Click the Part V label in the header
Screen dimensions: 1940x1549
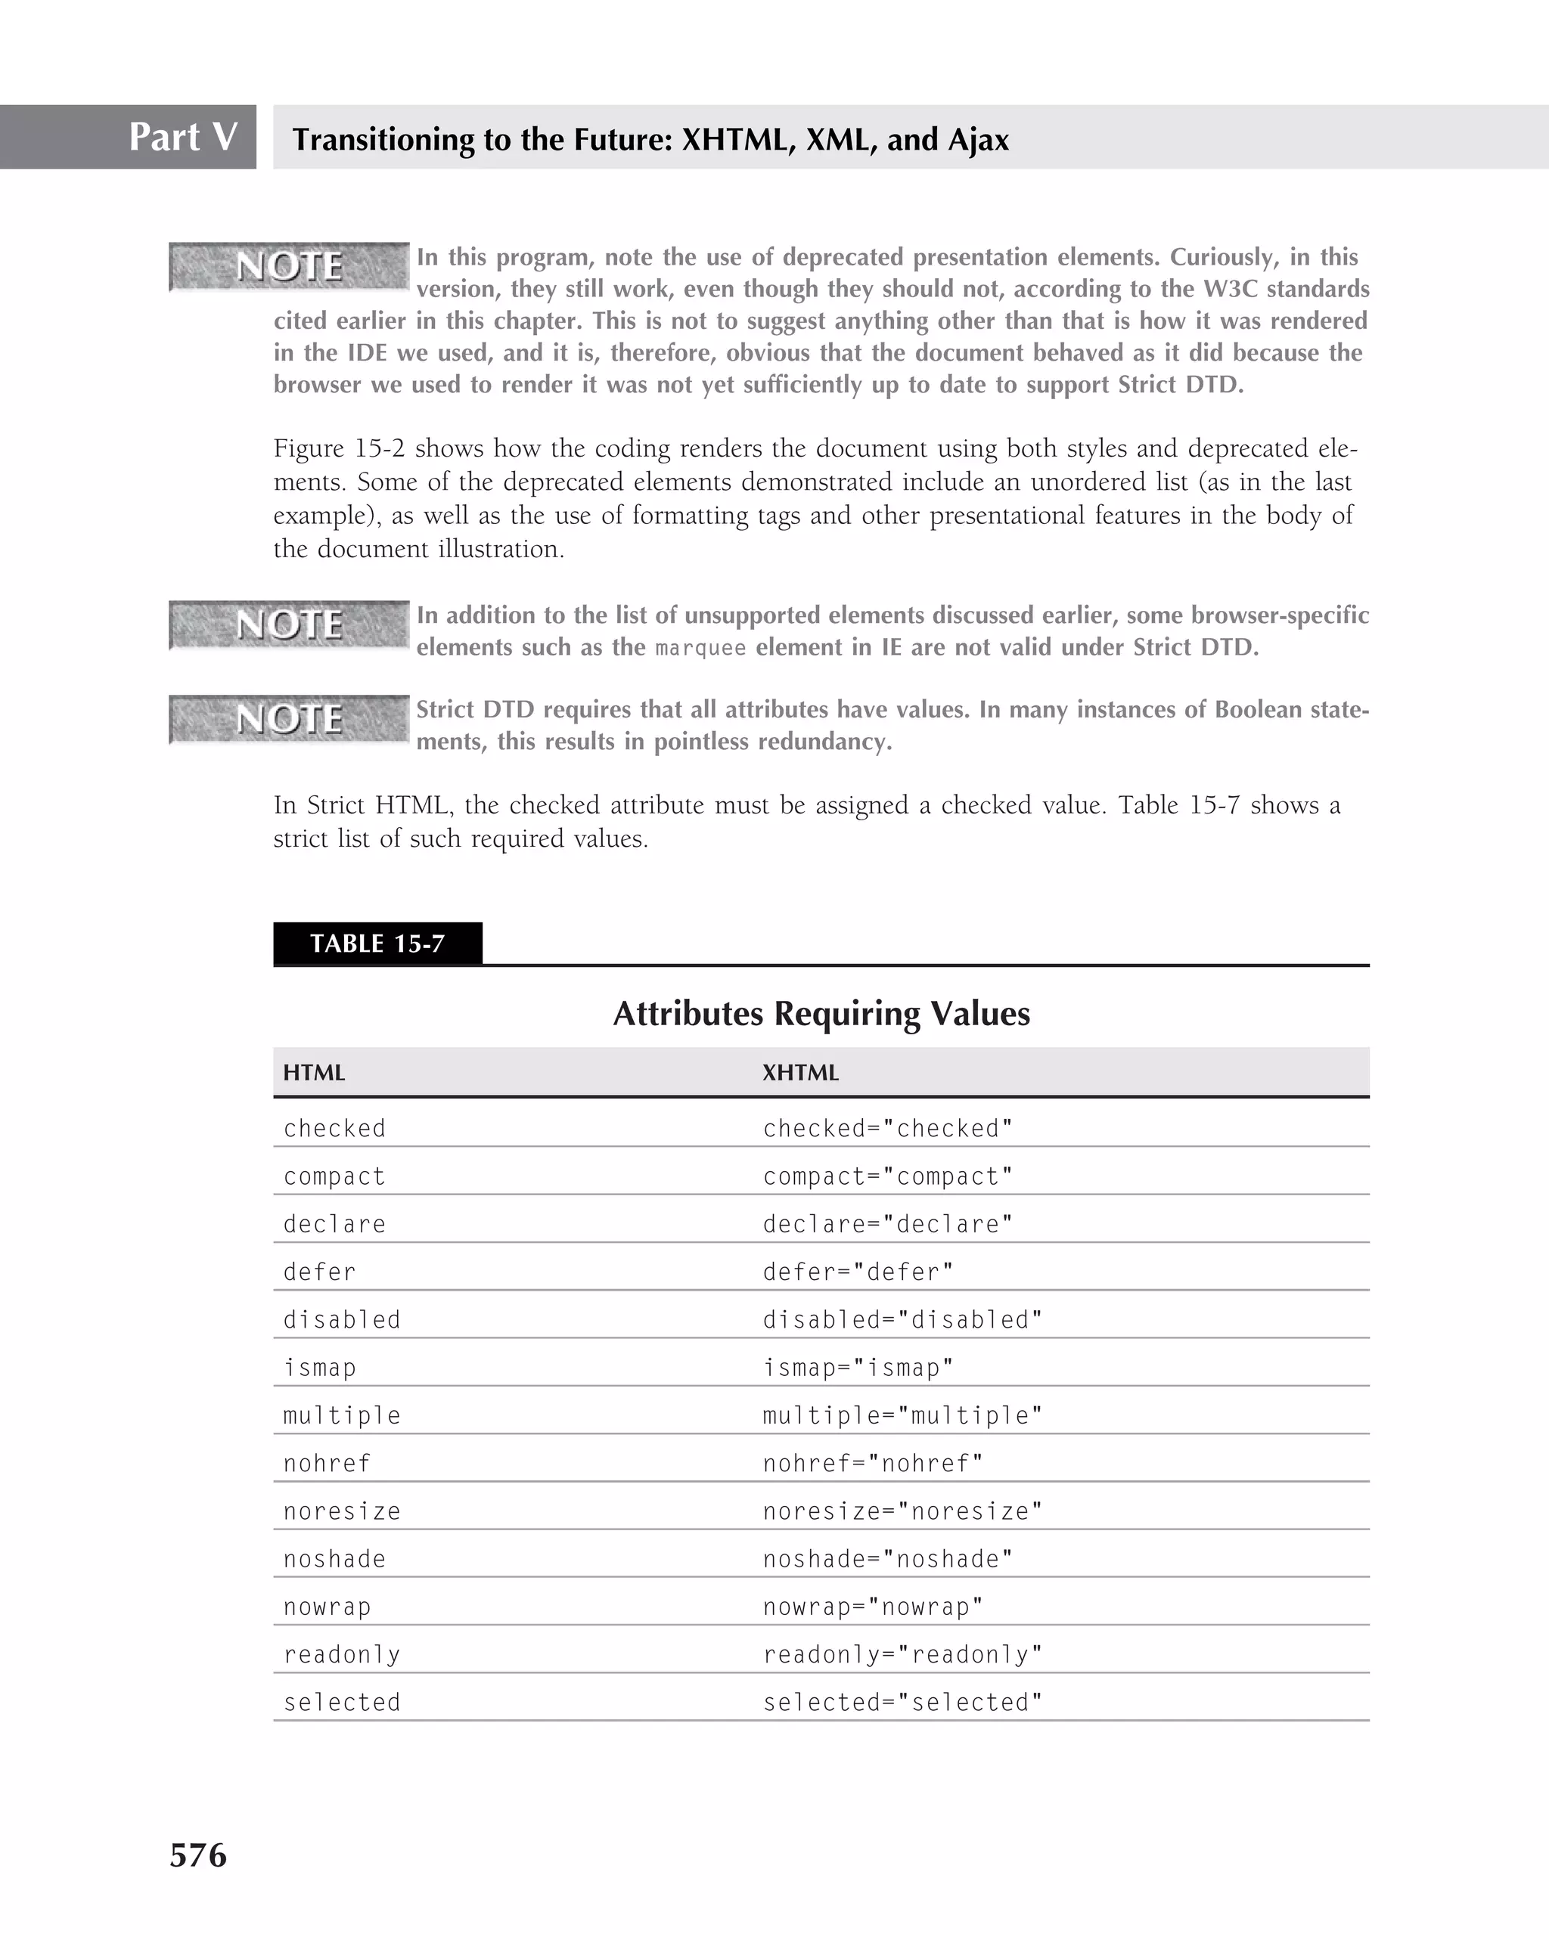183,137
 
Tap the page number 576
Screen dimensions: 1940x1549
198,1855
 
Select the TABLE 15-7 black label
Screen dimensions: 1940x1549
377,943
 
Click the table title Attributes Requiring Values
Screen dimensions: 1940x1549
821,1013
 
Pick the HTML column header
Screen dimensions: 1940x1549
314,1073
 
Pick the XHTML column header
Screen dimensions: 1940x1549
800,1073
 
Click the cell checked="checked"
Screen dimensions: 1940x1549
887,1128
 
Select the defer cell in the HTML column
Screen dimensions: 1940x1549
319,1272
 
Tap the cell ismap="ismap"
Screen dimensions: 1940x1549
858,1368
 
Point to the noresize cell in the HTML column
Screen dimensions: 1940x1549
342,1511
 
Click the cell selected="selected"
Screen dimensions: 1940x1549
902,1703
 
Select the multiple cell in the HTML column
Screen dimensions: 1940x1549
342,1415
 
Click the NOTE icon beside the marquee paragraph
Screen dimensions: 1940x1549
289,624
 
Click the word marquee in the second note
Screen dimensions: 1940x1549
700,648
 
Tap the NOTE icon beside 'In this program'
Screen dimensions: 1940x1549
289,266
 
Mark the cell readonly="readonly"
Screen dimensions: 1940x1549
902,1655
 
